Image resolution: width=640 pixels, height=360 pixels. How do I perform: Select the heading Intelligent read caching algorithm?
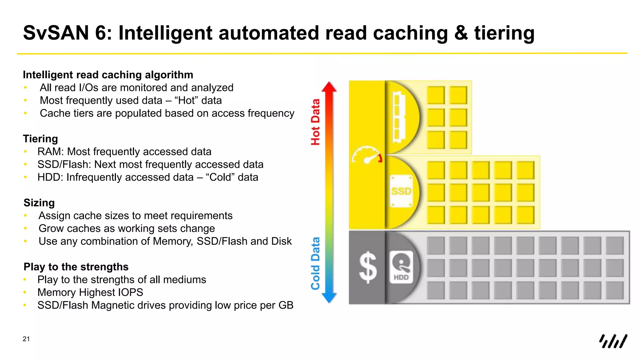click(108, 75)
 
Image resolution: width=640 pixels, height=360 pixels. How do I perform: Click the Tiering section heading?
click(40, 139)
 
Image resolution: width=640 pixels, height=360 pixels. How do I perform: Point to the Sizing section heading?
click(39, 203)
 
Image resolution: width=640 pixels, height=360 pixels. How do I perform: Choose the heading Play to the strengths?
click(76, 267)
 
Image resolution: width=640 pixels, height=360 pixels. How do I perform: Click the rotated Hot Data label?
click(315, 122)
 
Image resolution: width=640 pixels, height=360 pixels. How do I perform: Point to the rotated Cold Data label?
click(315, 263)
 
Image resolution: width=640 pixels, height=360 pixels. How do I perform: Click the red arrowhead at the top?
click(329, 87)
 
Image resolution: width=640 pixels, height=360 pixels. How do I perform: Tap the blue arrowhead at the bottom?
click(329, 298)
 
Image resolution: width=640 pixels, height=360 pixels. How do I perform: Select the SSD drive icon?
click(401, 191)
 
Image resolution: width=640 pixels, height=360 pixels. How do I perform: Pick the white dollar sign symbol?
click(368, 267)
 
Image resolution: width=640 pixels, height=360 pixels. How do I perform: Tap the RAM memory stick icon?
click(399, 117)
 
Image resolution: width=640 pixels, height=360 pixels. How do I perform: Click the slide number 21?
click(26, 339)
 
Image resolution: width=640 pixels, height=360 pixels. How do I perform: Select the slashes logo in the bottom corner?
click(613, 341)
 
